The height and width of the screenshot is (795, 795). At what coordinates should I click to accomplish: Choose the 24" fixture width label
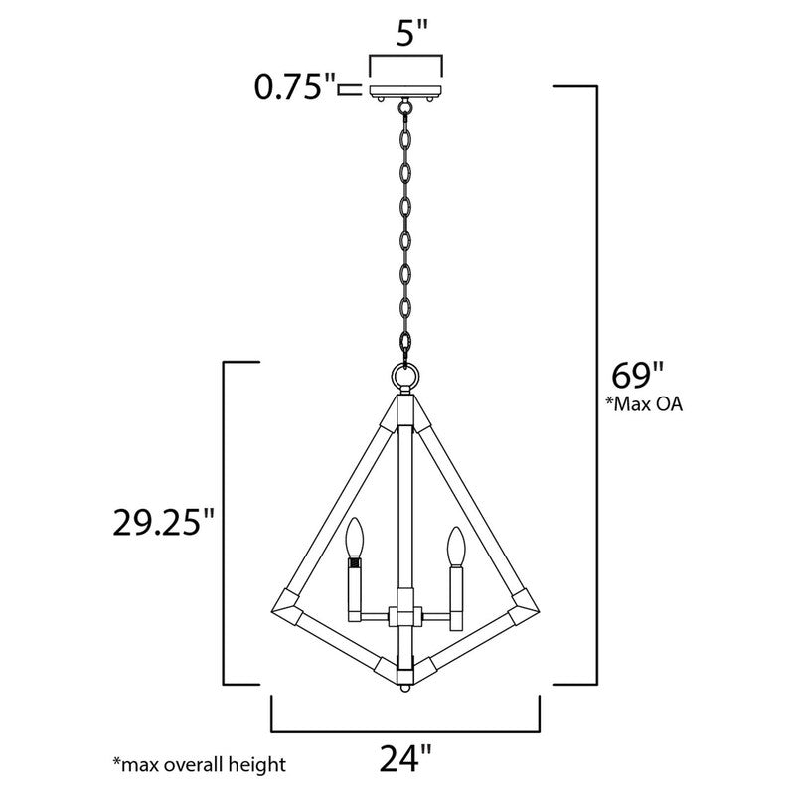coord(405,760)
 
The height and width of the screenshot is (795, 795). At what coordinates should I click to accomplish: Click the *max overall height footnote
coord(199,764)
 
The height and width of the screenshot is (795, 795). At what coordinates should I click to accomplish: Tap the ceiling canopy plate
coord(406,92)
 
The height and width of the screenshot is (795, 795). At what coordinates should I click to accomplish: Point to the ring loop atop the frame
coord(404,376)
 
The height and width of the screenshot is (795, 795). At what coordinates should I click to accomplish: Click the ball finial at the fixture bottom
coord(404,686)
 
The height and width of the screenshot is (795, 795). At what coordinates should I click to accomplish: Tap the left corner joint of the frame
coord(286,599)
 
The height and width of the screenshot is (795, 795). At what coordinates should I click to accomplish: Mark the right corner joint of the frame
coord(524,599)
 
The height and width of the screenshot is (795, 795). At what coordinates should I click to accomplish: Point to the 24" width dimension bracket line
coord(405,726)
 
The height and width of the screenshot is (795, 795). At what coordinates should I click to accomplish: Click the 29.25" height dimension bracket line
coord(222,523)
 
